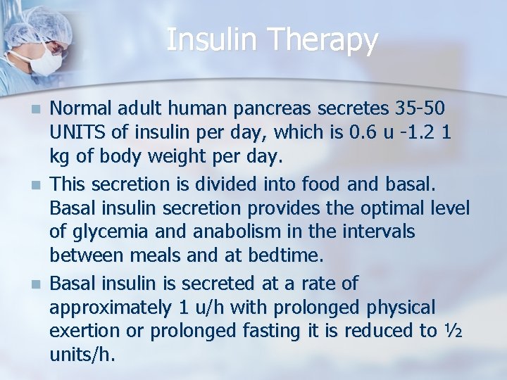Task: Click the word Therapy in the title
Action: (328, 40)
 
